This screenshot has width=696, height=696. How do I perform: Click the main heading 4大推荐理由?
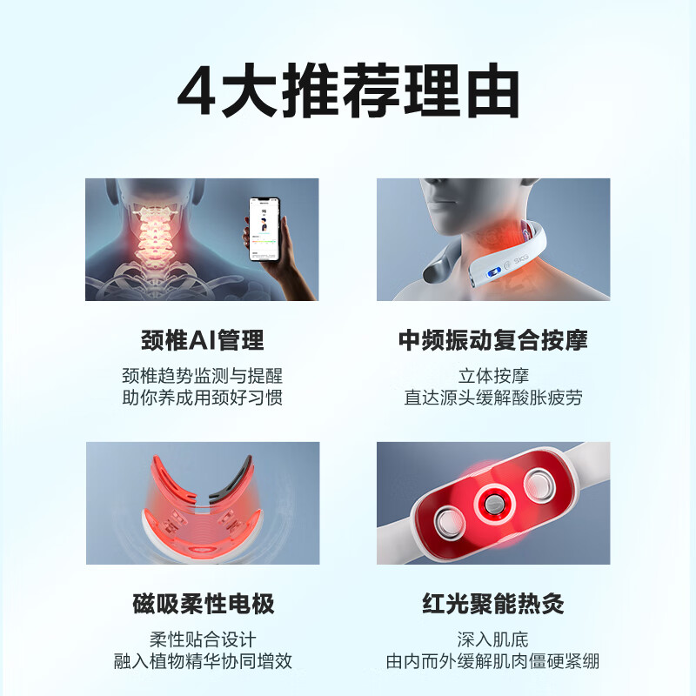point(348,92)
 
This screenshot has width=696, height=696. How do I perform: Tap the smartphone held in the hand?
point(266,230)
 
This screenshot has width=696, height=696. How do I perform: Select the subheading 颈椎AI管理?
point(202,339)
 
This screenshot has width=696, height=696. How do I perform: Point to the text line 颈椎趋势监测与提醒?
point(202,377)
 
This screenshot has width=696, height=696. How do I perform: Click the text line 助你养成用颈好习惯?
point(202,398)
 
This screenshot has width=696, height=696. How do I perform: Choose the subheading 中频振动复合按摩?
point(492,339)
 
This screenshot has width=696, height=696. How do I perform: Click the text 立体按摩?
point(492,377)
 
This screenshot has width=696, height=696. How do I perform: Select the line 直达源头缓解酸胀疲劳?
point(492,398)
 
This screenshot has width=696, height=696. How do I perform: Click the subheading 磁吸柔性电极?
point(202,603)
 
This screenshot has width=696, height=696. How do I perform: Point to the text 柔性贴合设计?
point(202,639)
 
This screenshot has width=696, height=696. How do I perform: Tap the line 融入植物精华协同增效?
point(202,660)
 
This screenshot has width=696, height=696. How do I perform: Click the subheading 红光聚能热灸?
point(492,603)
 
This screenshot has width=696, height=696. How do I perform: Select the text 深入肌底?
point(492,639)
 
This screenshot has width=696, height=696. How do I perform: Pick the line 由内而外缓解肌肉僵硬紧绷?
point(492,660)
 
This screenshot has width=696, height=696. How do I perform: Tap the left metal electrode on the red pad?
point(453,521)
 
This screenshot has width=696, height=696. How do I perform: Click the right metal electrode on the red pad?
point(536,483)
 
